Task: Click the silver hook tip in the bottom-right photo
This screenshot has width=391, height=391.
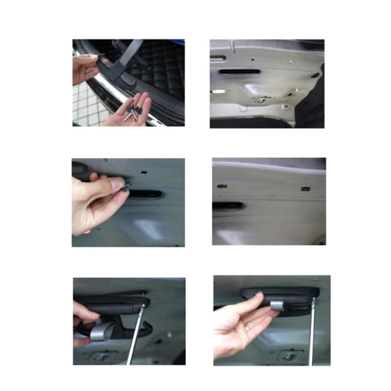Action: click(277, 305)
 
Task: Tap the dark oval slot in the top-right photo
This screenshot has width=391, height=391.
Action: click(239, 72)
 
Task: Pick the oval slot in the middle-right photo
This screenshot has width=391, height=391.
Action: click(228, 206)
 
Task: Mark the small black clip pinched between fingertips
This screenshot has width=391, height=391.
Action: click(127, 185)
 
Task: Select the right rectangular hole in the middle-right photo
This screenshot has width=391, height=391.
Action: click(305, 189)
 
